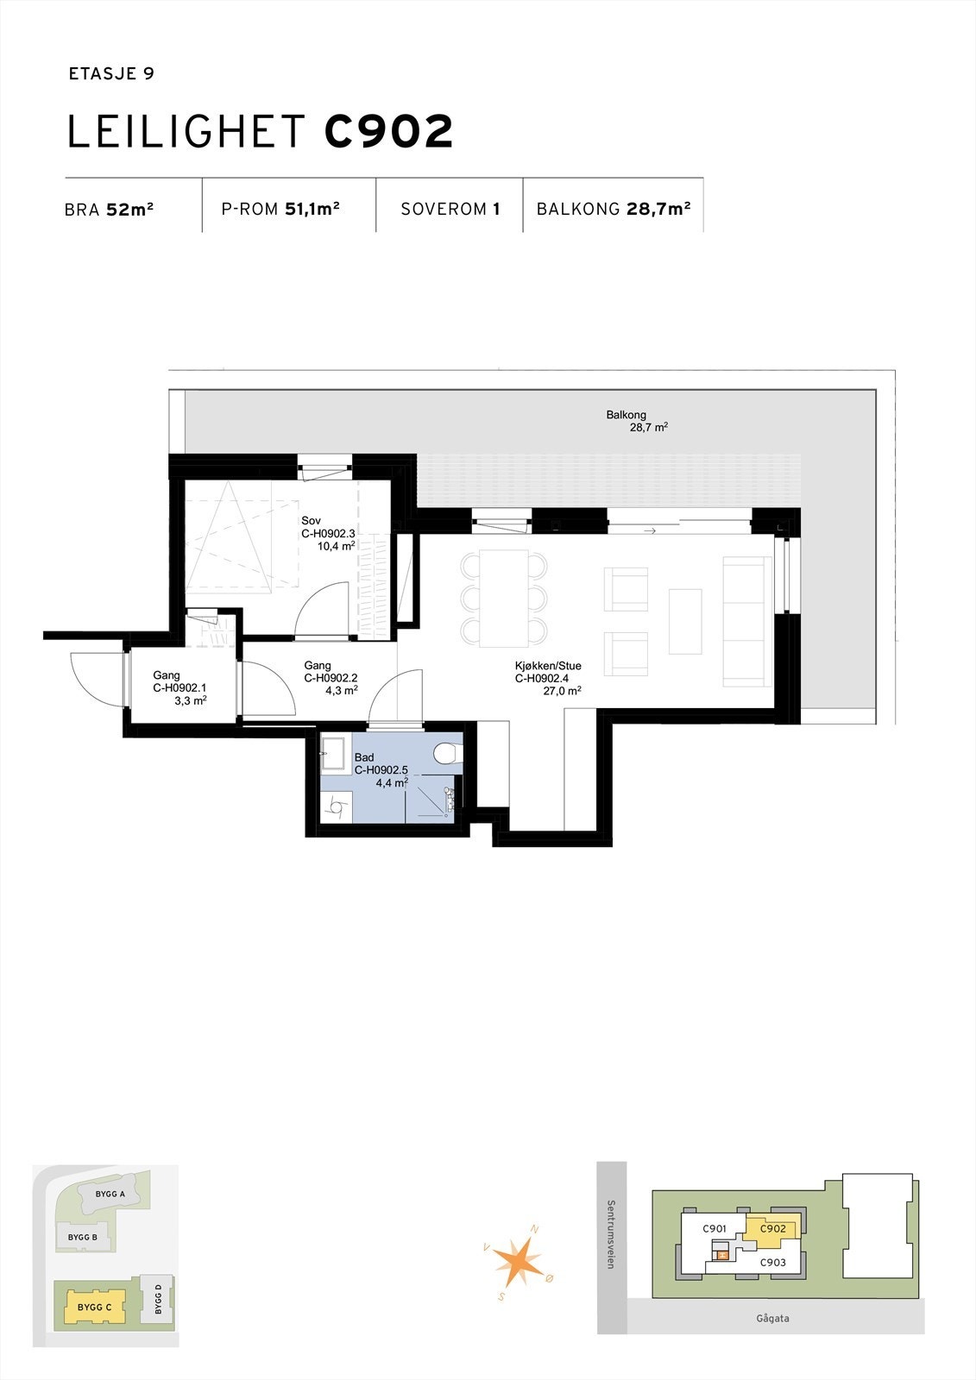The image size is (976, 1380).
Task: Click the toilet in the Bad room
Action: [445, 754]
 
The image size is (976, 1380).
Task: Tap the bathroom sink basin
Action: [332, 752]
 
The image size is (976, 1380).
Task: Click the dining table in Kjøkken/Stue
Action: [504, 598]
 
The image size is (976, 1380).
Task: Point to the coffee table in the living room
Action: [685, 621]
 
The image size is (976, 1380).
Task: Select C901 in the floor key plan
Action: [714, 1229]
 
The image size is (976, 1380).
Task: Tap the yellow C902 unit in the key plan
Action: [772, 1230]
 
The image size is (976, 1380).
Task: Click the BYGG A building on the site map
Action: [110, 1195]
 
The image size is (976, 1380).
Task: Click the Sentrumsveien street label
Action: [611, 1234]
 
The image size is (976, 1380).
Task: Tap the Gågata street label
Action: [772, 1318]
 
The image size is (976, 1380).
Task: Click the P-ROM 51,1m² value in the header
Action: [280, 209]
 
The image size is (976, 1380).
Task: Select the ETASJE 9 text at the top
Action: [110, 74]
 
